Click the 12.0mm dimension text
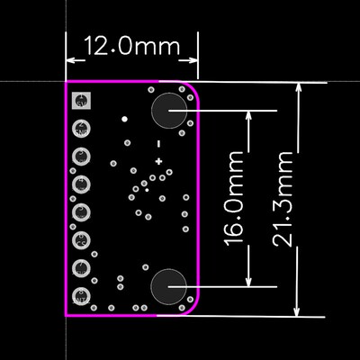point(131,46)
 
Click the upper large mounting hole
point(169,111)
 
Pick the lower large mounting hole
point(169,287)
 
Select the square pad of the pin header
point(82,102)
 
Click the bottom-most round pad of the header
point(82,294)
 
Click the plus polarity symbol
point(158,161)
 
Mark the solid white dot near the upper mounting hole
point(125,118)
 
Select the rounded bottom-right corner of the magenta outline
point(192,310)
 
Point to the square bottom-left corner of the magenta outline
point(67,316)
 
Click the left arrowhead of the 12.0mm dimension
point(70,61)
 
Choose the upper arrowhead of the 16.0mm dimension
point(248,114)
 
